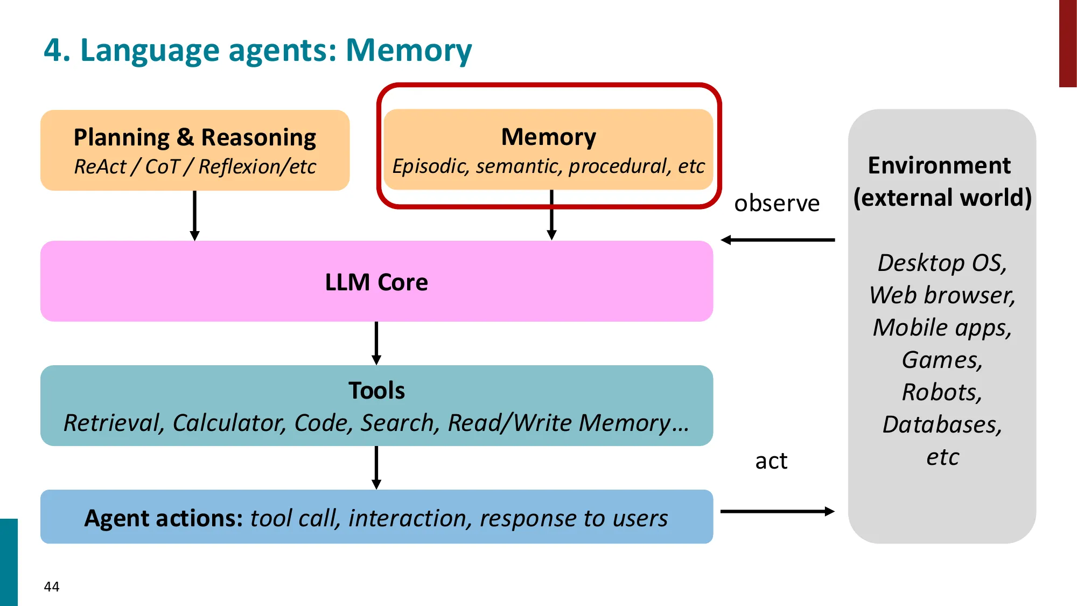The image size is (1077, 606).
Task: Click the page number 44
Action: [x=52, y=587]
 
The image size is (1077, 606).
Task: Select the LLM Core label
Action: [x=376, y=282]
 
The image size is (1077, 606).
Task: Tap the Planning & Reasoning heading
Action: [x=194, y=137]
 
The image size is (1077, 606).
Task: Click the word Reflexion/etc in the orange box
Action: [x=257, y=167]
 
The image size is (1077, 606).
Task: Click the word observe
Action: [x=777, y=204]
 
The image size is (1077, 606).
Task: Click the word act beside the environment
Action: [x=771, y=461]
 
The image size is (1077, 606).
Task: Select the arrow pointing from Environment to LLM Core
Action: [x=778, y=240]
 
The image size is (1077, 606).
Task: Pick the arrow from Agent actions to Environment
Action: [x=778, y=511]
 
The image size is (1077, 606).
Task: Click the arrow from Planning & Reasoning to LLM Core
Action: [x=195, y=215]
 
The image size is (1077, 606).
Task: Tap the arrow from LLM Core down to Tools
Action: [x=376, y=343]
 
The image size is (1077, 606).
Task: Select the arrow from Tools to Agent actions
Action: [x=376, y=468]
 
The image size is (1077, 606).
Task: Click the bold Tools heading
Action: [x=376, y=391]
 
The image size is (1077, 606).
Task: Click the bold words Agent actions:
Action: [x=164, y=518]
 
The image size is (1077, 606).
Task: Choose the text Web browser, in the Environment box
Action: [x=942, y=295]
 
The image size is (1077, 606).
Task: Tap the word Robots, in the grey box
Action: [x=942, y=392]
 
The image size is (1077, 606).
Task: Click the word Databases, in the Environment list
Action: [x=942, y=424]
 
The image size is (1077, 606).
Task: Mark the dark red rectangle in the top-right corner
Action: [x=1067, y=43]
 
